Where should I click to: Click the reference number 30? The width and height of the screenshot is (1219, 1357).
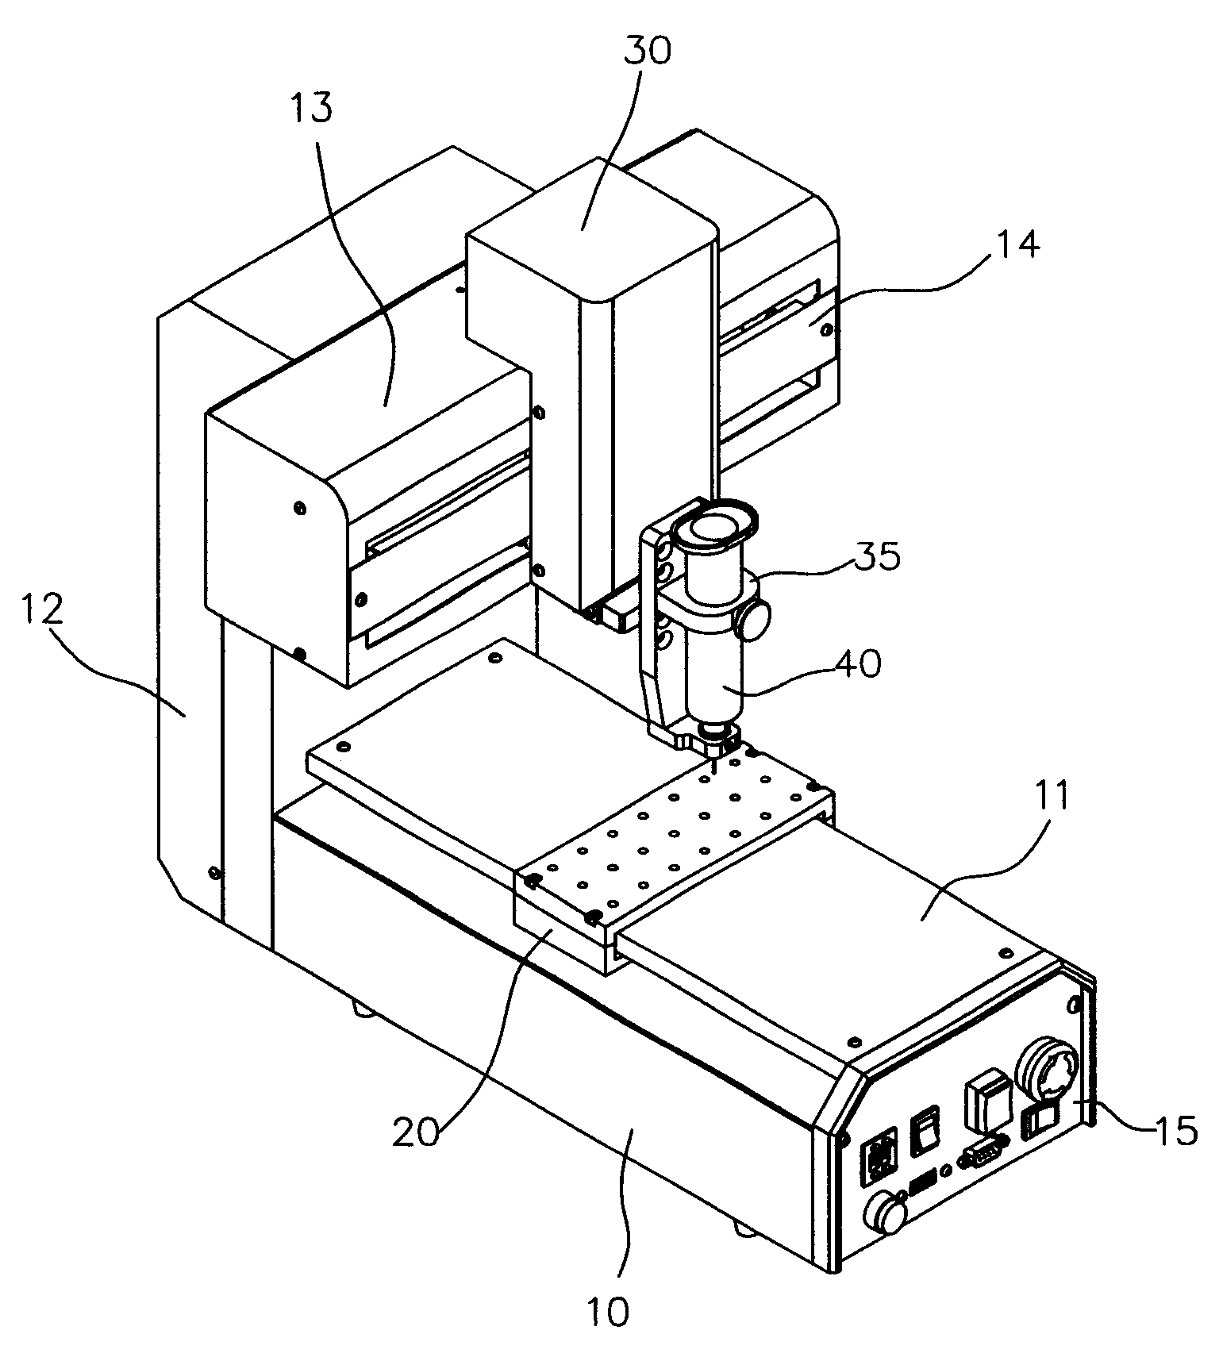click(646, 50)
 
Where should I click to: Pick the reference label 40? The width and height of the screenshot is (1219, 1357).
click(858, 663)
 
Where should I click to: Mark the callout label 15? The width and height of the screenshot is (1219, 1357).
click(1177, 1129)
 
